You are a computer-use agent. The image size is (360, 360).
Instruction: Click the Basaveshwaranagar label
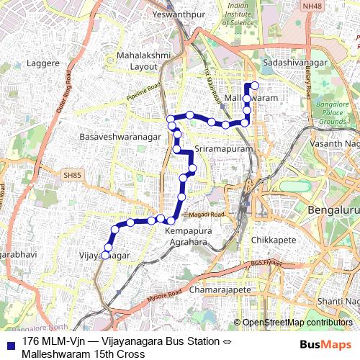(x=116, y=135)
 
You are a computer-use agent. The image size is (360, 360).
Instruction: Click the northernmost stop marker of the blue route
(x=254, y=86)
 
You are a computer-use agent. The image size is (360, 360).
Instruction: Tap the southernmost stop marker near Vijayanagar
(x=105, y=255)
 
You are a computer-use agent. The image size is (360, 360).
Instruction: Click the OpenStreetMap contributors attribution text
(x=297, y=323)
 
